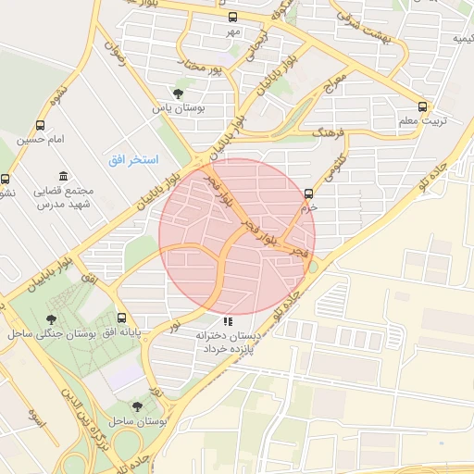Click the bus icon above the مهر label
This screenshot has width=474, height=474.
tap(231, 18)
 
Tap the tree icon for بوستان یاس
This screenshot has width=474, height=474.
tap(178, 93)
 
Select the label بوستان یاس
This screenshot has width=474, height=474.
tap(178, 108)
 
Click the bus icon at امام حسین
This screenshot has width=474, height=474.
tap(40, 125)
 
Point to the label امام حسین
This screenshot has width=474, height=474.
tap(40, 140)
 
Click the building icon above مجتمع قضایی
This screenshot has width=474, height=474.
tap(63, 176)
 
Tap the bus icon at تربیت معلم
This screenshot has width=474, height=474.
tap(423, 106)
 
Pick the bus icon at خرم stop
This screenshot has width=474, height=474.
tap(308, 193)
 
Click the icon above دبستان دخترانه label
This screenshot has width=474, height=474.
tap(228, 321)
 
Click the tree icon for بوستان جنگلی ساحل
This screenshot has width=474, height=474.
tap(50, 319)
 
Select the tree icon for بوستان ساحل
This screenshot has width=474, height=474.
tap(138, 405)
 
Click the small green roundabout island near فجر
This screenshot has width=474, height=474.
tap(313, 267)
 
